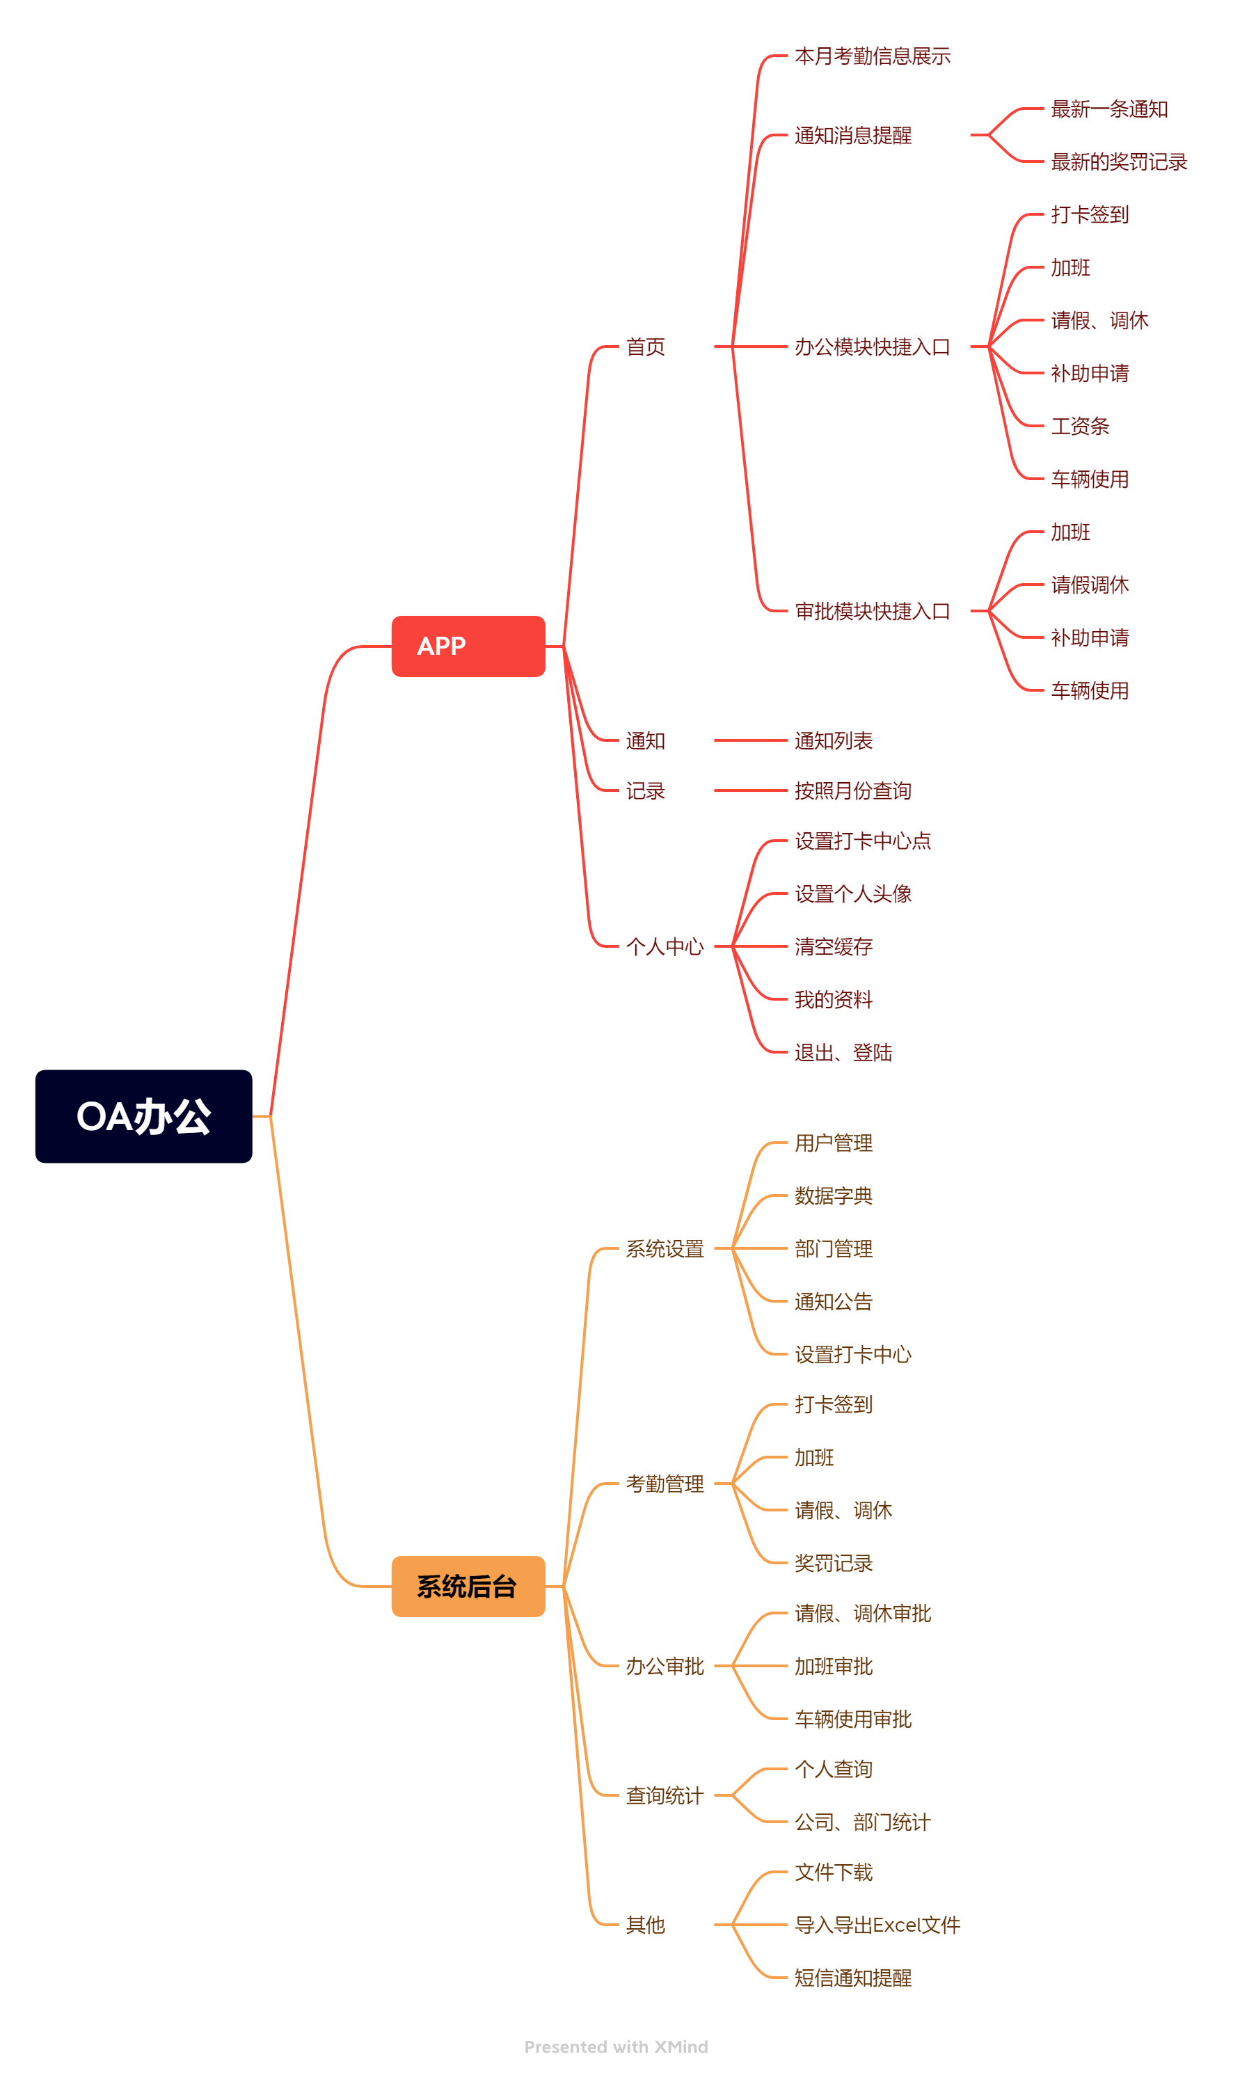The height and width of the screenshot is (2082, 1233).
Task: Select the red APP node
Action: (x=468, y=646)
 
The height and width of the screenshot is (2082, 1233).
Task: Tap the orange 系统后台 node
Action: (x=468, y=1586)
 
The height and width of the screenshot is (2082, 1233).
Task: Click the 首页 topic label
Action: (x=646, y=347)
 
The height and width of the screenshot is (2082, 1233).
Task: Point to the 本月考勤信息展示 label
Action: (x=873, y=56)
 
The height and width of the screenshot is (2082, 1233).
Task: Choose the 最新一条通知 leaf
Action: (x=1109, y=109)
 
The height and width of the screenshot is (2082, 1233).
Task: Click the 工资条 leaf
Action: (x=1080, y=426)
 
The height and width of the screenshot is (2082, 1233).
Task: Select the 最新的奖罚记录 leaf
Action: (x=1119, y=162)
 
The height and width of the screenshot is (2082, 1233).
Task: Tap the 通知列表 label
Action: (x=834, y=740)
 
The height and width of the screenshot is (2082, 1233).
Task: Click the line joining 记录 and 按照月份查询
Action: (x=750, y=791)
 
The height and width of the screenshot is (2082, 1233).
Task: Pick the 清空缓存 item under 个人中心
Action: (x=834, y=946)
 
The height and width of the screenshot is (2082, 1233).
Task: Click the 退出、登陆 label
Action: (x=843, y=1053)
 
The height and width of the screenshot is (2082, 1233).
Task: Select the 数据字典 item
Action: (x=834, y=1195)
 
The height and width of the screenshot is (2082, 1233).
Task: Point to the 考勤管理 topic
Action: (x=665, y=1483)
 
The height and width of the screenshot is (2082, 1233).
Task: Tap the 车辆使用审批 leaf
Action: (x=853, y=1719)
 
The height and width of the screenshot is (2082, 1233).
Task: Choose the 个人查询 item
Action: (x=834, y=1769)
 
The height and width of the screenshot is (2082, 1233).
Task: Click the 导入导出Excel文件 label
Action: (x=877, y=1925)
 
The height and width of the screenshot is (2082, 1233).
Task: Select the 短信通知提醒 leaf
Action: (x=853, y=1978)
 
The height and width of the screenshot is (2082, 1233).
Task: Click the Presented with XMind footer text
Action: (x=616, y=2047)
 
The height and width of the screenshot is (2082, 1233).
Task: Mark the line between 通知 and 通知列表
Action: (x=750, y=740)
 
